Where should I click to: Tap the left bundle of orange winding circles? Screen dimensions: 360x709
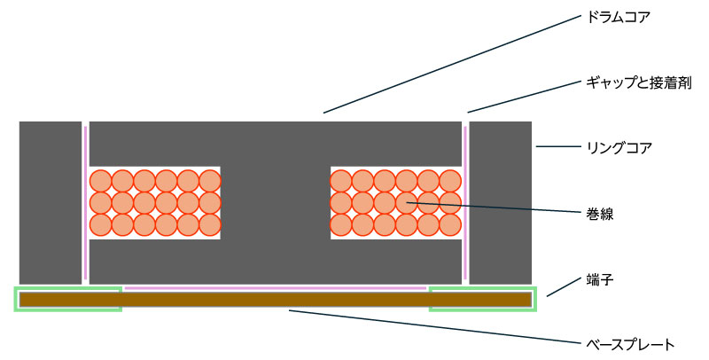[155, 202]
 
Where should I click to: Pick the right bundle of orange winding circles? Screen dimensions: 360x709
[396, 202]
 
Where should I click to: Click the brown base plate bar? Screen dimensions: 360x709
[275, 300]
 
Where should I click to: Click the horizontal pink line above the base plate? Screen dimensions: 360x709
[275, 288]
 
